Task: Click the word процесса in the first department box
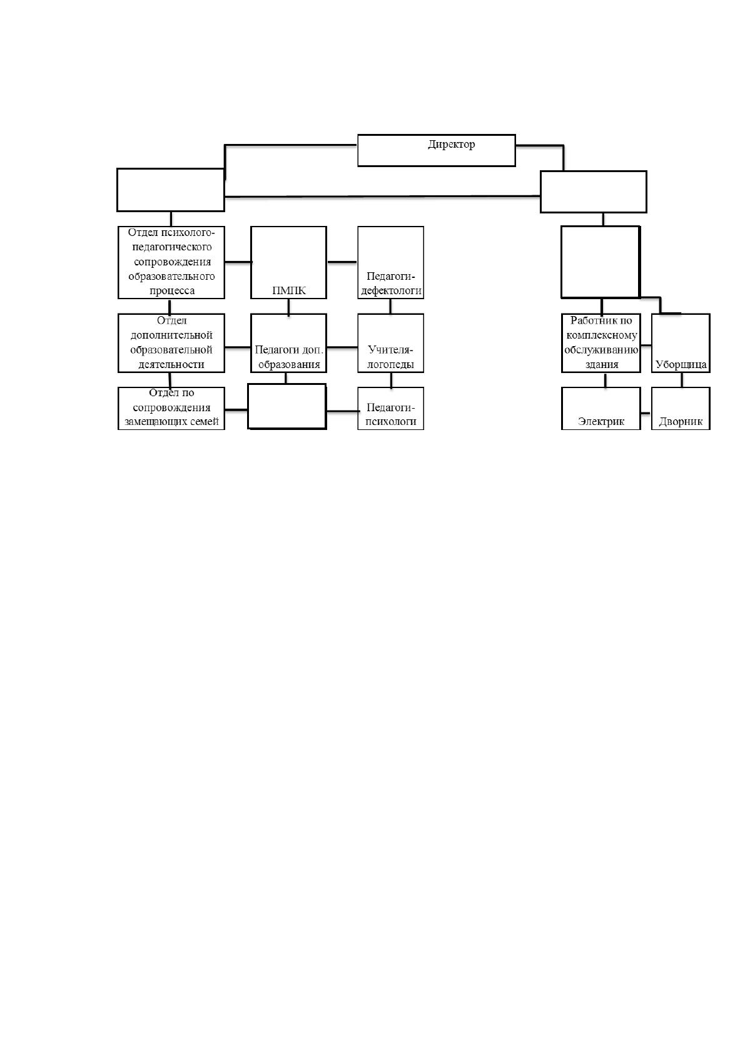(x=171, y=291)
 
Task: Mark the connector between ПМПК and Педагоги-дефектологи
(x=342, y=262)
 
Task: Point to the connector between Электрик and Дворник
(x=646, y=413)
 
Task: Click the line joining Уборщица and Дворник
(x=682, y=380)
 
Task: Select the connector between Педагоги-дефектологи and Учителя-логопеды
(x=390, y=306)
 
